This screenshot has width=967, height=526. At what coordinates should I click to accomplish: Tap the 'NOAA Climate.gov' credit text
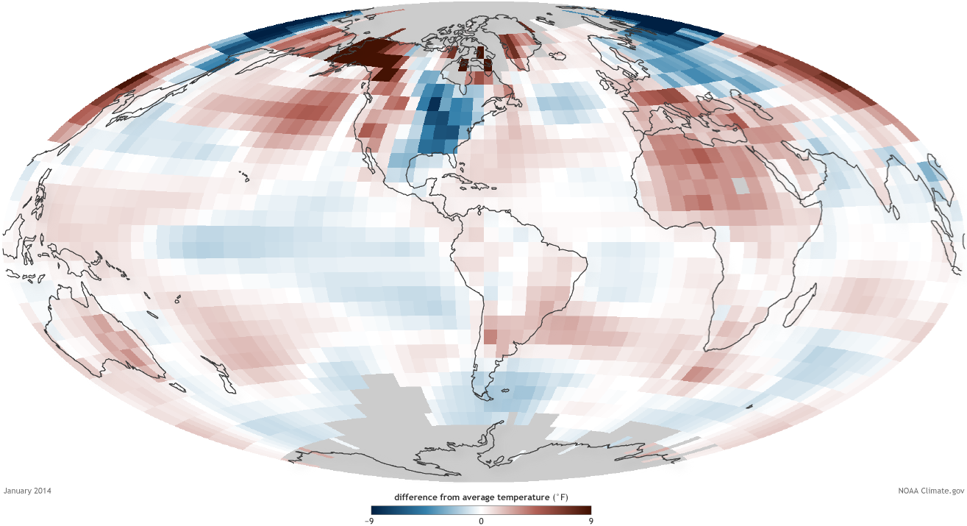930,491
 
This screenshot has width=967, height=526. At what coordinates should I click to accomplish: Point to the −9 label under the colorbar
371,520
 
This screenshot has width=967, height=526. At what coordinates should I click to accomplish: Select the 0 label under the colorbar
481,520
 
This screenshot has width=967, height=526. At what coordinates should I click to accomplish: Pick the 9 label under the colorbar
590,520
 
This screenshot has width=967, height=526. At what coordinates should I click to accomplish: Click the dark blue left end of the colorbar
375,510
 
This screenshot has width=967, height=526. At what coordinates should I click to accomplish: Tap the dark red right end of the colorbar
587,510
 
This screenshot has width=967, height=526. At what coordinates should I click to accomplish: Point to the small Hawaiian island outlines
243,174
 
